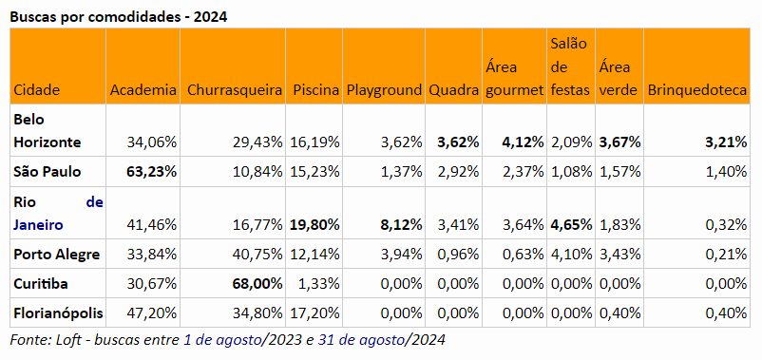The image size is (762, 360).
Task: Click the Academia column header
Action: coord(143,90)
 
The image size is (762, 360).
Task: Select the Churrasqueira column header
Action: coord(235,90)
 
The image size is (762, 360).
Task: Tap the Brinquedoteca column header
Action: coord(697,90)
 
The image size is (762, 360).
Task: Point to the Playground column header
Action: coord(384,90)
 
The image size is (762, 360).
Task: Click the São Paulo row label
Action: coord(48,172)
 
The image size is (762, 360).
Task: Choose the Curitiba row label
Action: coord(41,283)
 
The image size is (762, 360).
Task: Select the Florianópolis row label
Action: coord(58,313)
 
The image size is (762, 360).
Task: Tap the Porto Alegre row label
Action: coord(57,254)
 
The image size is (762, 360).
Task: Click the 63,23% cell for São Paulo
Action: coord(151,172)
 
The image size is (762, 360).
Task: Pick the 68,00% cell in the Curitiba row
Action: coord(257,283)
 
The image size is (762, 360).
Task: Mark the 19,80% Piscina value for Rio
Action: coord(314,225)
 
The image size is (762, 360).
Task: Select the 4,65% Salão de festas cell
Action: coord(571,225)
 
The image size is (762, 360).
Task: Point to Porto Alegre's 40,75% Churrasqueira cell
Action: coord(258,254)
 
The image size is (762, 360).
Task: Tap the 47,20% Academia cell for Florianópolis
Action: coord(152,313)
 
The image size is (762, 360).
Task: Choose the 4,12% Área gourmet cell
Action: coord(523,142)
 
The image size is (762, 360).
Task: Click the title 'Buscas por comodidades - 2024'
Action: coord(119,17)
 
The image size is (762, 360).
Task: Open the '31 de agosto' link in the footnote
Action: coord(361,340)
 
